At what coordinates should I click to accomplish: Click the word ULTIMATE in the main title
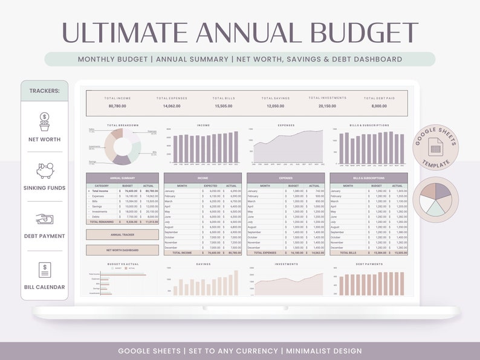(124, 33)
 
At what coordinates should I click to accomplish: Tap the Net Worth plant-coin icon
(44, 121)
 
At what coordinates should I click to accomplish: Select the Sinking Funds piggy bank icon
(44, 170)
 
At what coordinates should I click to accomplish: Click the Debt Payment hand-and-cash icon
(44, 219)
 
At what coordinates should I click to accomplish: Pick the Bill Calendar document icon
(44, 269)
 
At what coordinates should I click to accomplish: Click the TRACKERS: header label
(44, 91)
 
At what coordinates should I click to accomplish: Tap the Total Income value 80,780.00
(117, 106)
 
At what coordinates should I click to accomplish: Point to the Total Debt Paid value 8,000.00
(379, 106)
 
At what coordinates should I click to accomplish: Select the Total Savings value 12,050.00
(276, 106)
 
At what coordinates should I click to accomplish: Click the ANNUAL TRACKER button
(122, 234)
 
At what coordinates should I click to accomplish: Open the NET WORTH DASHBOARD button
(122, 250)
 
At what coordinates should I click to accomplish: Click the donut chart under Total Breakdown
(122, 146)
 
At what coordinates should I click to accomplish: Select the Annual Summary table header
(122, 178)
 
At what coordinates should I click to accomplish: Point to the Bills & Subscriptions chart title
(369, 125)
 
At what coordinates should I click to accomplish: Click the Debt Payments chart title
(369, 264)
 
